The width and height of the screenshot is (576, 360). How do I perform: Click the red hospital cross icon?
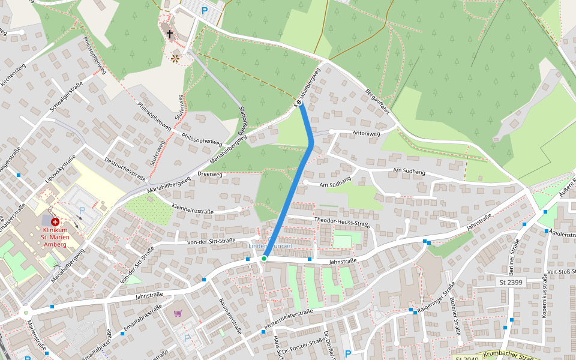[55, 222]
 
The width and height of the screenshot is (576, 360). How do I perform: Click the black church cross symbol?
[170, 34]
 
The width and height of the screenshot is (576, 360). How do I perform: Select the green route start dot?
[264, 259]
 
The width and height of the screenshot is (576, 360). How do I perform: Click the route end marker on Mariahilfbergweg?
[299, 104]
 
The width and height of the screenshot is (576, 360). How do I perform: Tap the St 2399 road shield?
[511, 281]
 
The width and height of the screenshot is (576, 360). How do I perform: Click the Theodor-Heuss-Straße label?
[341, 223]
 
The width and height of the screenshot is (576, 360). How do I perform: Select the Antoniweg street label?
[366, 133]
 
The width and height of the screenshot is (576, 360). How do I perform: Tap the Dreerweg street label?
[209, 175]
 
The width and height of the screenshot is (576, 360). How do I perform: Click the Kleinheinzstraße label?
[193, 211]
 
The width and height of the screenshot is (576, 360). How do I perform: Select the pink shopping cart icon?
[178, 313]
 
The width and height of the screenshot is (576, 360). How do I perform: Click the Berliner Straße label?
[515, 254]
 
